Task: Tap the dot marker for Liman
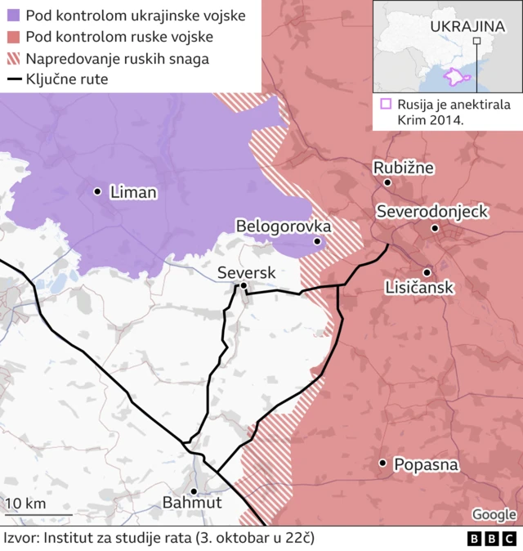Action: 98,191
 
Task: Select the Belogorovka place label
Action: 283,226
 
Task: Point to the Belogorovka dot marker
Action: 317,241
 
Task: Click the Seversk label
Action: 247,272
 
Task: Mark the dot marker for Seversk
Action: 244,285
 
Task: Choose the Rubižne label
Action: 404,168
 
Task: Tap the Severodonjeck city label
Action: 432,212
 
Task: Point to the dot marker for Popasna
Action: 382,464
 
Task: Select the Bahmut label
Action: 192,503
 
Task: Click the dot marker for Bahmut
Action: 194,491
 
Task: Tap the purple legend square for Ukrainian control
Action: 12,16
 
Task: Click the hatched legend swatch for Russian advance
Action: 12,59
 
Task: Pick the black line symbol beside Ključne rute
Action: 12,80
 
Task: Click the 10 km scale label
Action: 26,504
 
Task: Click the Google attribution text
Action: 494,514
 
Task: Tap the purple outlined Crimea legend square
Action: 386,105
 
